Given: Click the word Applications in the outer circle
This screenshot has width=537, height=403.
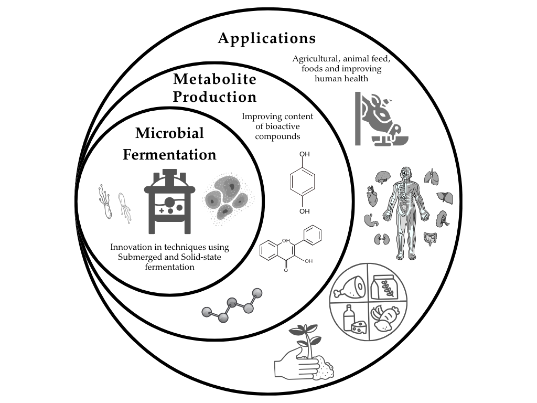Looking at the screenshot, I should [267, 38].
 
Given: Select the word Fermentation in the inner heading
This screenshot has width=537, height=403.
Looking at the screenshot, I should [169, 155].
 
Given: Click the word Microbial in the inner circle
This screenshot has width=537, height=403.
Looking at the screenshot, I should [169, 133].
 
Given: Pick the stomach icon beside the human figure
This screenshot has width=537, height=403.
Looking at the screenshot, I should [370, 220].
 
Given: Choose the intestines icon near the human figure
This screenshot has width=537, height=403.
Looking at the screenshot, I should [431, 239].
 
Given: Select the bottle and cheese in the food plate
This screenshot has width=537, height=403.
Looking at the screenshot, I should [353, 320].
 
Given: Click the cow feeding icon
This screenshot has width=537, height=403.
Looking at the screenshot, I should [379, 119].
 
